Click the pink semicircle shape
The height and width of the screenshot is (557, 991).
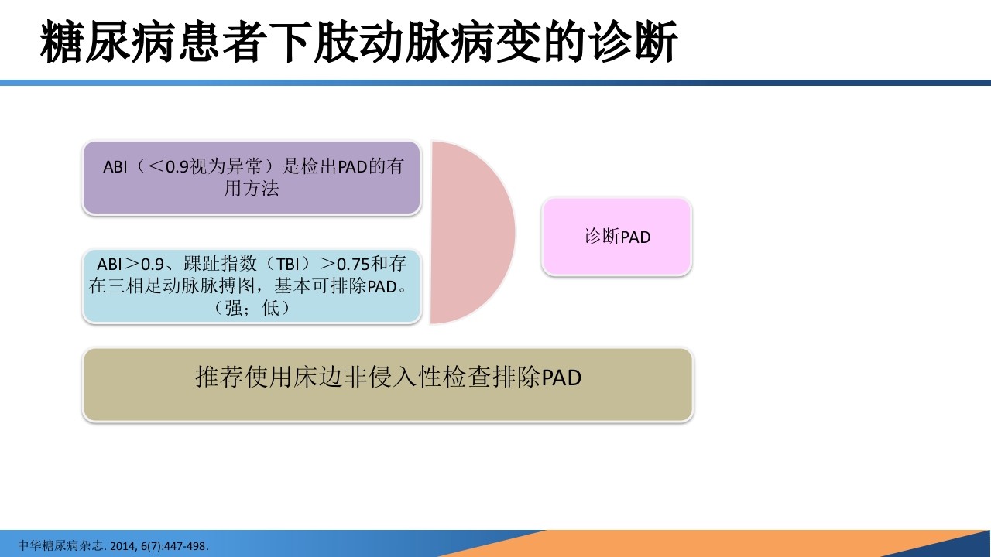coord(468,232)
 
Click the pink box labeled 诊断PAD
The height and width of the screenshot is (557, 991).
coord(616,237)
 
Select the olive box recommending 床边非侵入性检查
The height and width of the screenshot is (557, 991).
coord(387,384)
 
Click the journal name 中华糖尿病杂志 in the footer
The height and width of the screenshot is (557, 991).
coord(60,545)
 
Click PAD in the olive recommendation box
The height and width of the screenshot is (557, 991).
coord(561,378)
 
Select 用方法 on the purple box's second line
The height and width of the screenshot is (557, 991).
coord(252,188)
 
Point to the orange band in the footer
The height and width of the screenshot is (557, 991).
coord(697,544)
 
